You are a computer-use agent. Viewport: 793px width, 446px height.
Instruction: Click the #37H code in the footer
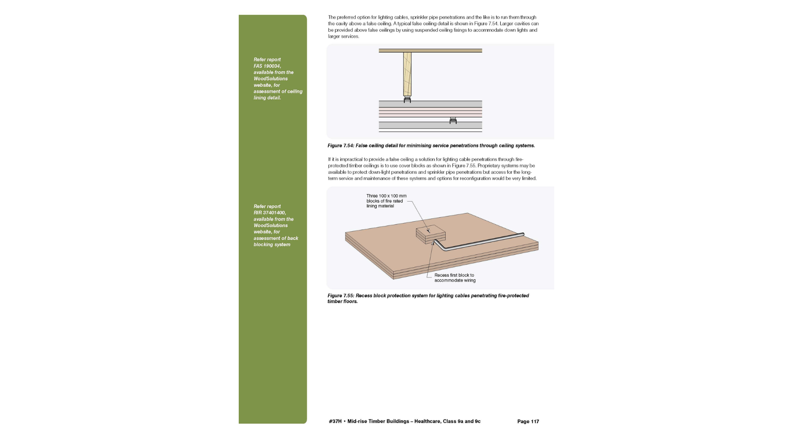tap(335, 422)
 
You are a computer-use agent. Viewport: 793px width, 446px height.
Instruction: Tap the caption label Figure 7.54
tap(340, 146)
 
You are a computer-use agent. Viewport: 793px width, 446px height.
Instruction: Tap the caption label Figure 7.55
tap(340, 296)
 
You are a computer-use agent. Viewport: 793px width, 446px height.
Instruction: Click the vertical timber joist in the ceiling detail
tap(407, 74)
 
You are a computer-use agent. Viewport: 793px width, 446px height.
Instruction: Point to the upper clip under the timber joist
tap(407, 100)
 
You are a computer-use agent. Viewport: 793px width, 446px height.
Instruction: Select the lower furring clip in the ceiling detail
tap(453, 120)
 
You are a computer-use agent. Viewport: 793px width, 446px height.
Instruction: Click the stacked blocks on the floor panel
tap(431, 234)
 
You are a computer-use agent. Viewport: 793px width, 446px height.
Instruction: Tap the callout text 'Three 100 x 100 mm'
tap(386, 196)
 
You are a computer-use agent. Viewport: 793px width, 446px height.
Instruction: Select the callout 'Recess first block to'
tap(454, 275)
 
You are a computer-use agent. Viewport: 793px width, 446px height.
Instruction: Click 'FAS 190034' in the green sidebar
tap(267, 66)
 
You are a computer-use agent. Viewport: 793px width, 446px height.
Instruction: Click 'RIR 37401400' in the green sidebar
tap(269, 213)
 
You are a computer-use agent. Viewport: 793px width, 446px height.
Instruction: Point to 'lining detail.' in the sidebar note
tap(267, 98)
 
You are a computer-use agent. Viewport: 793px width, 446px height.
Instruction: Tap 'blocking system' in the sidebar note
tap(272, 244)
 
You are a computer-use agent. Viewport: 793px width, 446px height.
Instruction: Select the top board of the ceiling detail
tap(430, 51)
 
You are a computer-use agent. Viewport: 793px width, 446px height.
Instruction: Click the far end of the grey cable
tap(522, 235)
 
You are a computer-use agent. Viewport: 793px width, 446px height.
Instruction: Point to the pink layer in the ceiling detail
tap(430, 112)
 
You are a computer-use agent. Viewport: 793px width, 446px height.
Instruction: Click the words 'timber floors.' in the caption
tap(342, 301)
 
